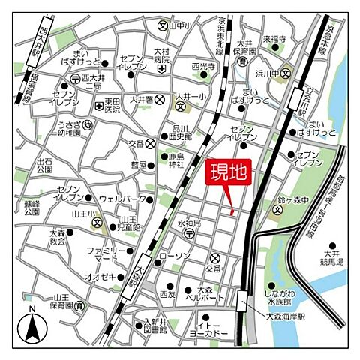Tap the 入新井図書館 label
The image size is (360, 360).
click(x=154, y=325)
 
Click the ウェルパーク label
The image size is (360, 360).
click(x=121, y=199)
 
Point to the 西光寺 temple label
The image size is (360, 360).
click(x=204, y=67)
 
